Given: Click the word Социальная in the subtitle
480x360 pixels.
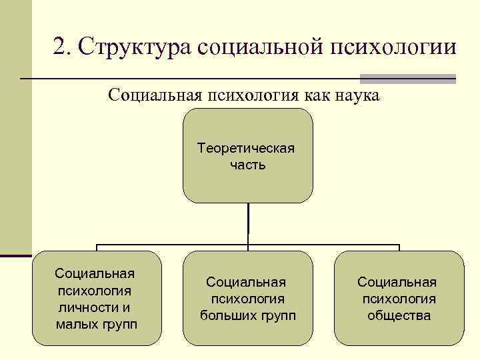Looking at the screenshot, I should click(155, 95).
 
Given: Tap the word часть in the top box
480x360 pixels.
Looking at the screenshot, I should click(247, 165).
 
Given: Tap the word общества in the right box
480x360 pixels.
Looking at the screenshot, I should click(399, 316).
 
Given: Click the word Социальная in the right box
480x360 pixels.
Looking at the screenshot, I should click(399, 282).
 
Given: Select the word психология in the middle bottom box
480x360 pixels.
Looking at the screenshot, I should click(247, 299).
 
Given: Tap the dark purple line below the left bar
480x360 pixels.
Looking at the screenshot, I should click(15, 255).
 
